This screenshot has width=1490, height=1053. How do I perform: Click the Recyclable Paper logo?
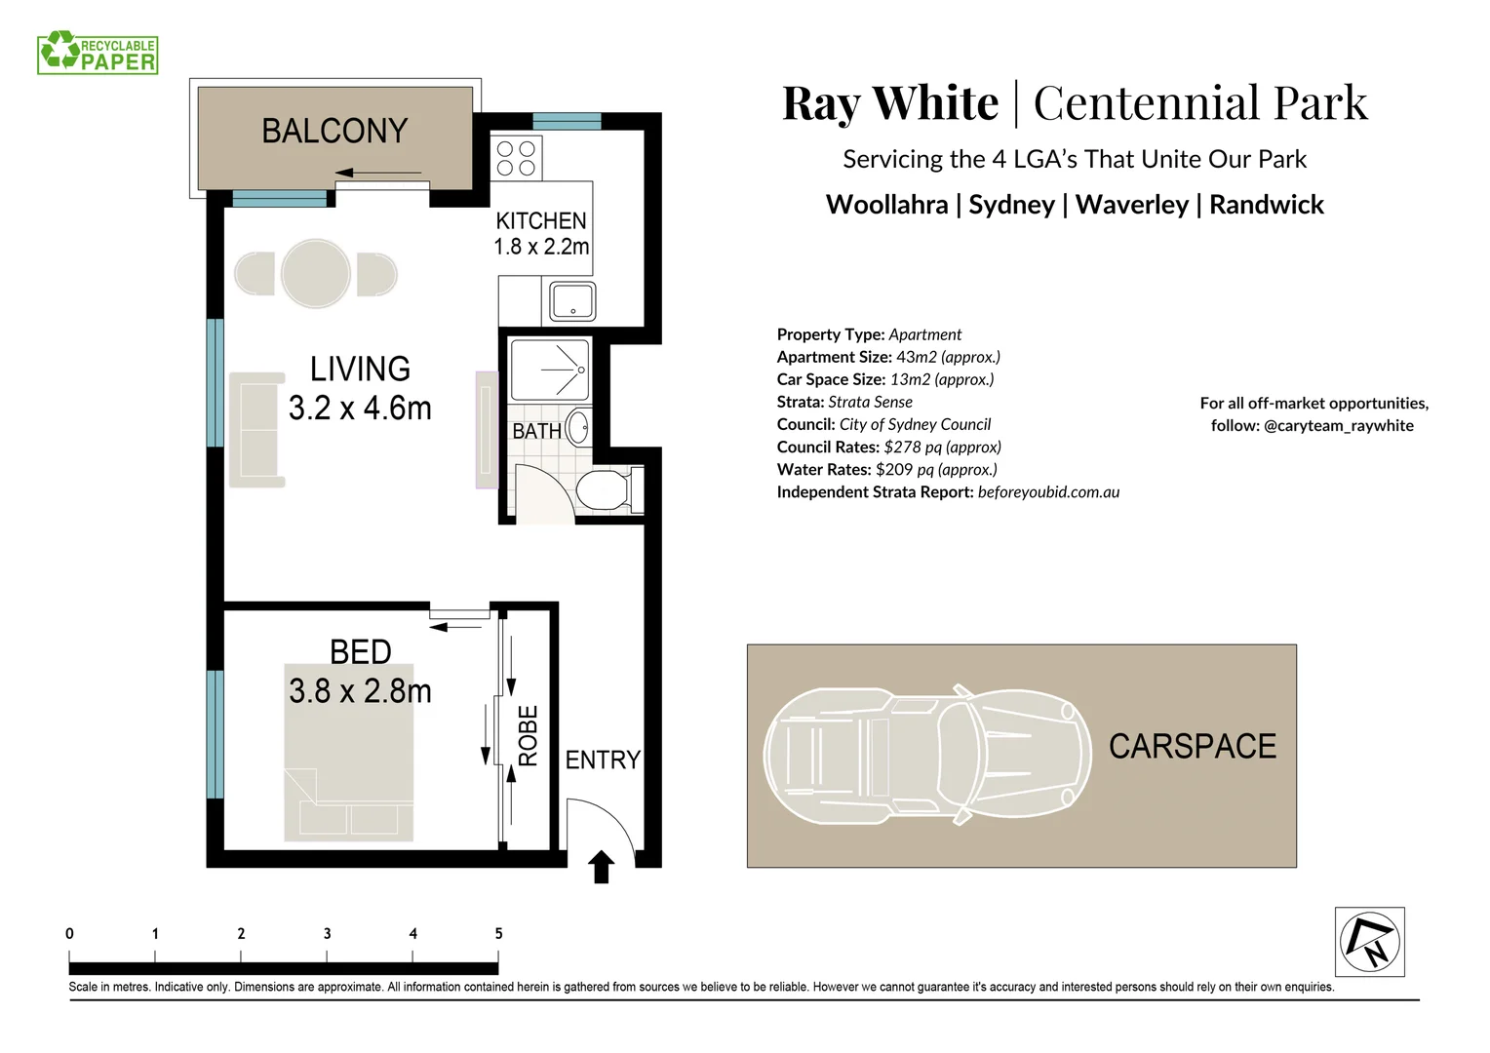pyautogui.click(x=98, y=53)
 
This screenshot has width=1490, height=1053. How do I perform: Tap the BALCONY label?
pyautogui.click(x=334, y=132)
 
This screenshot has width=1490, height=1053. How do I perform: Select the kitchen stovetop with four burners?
pyautogui.click(x=517, y=158)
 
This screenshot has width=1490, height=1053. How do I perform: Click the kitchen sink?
pyautogui.click(x=572, y=300)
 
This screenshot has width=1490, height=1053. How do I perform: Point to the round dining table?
pyautogui.click(x=316, y=274)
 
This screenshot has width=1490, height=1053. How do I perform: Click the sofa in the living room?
pyautogui.click(x=256, y=430)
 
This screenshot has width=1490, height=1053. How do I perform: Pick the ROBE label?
pyautogui.click(x=528, y=736)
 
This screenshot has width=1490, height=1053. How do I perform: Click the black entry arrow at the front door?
pyautogui.click(x=602, y=867)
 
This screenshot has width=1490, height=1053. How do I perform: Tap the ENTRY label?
pyautogui.click(x=603, y=760)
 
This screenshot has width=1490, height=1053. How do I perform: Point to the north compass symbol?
pyautogui.click(x=1369, y=942)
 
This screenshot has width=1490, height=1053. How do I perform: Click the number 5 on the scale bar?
pyautogui.click(x=498, y=934)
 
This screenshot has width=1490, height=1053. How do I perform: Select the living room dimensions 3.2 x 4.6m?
pyautogui.click(x=360, y=408)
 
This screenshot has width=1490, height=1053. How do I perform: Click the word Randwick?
pyautogui.click(x=1266, y=205)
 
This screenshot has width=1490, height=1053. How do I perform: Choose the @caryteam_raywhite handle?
pyautogui.click(x=1338, y=426)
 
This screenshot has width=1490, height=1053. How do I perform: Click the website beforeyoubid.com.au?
pyautogui.click(x=1048, y=492)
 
